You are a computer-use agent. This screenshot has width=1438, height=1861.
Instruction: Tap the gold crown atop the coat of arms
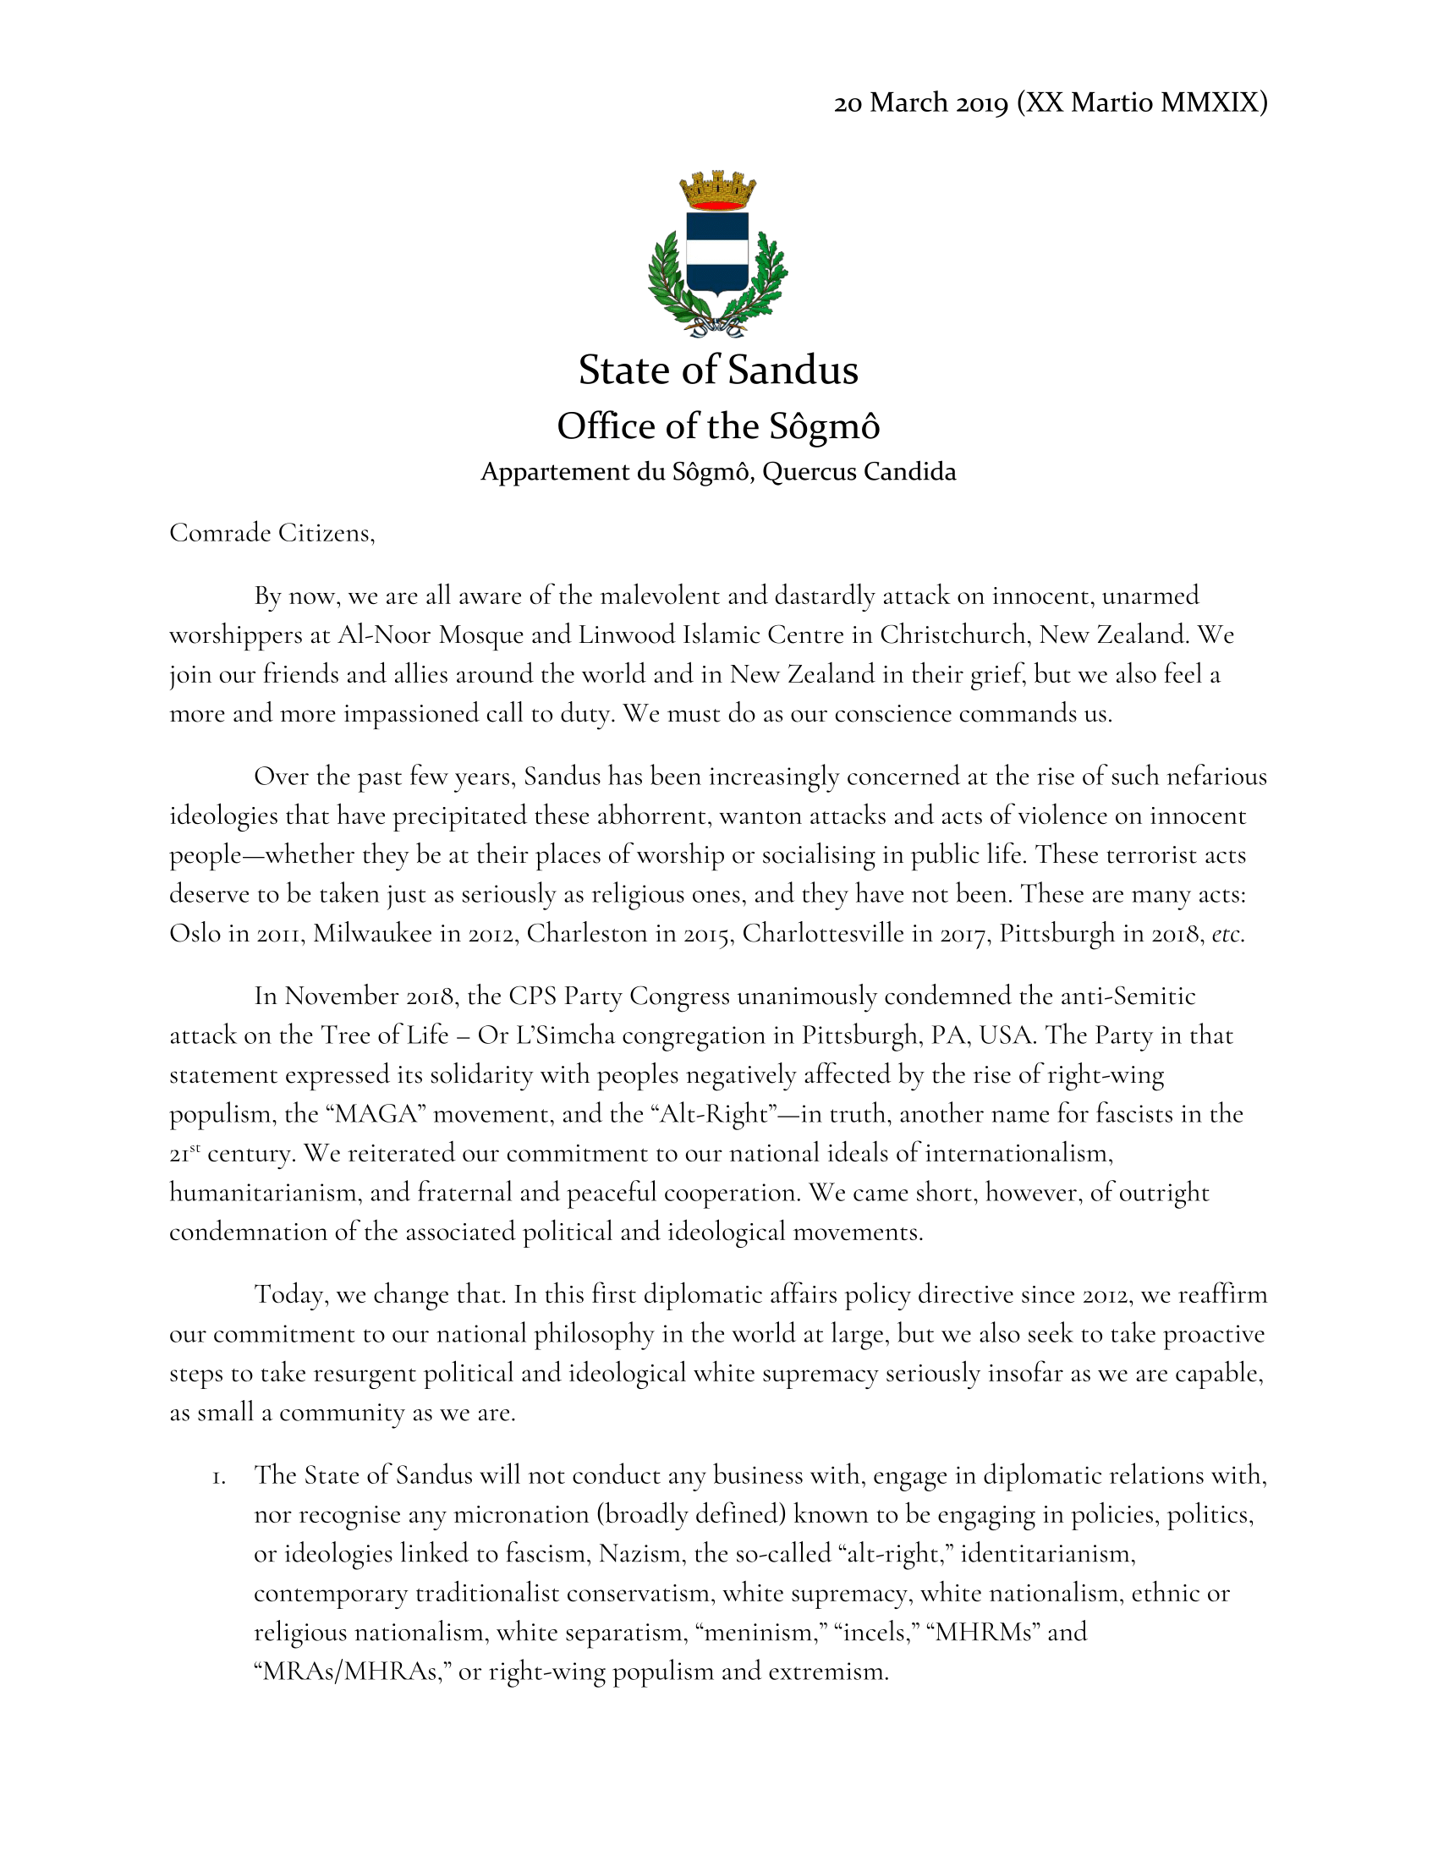click(x=717, y=189)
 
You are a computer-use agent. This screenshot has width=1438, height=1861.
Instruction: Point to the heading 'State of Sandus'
click(x=718, y=370)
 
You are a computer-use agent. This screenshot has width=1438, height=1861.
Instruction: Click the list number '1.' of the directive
click(x=220, y=1477)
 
